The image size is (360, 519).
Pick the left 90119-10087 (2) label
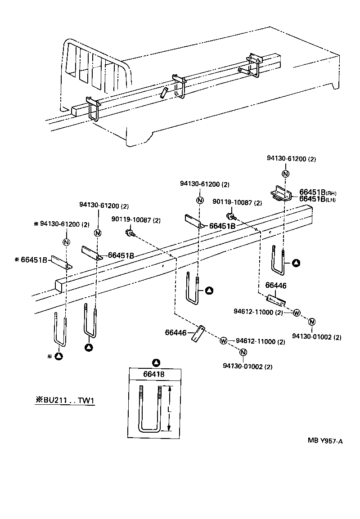coord(135,220)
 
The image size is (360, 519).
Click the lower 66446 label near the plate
coord(176,332)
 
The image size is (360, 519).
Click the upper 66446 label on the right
coord(276,285)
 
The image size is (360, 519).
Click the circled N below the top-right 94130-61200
coord(285,174)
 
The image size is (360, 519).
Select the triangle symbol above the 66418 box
coord(156,362)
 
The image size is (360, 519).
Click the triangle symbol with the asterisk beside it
coord(59,356)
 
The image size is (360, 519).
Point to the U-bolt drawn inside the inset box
coord(151,409)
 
